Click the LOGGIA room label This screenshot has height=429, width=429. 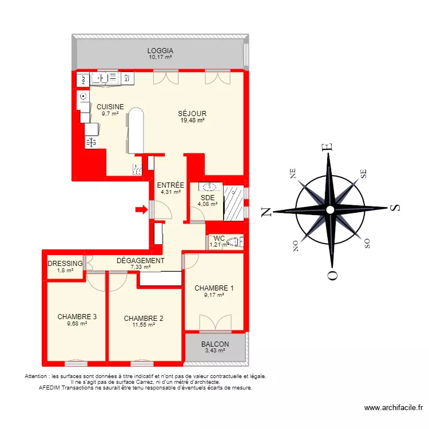click(x=160, y=50)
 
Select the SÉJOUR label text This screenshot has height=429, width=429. click(x=192, y=113)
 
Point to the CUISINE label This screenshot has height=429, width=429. click(x=110, y=107)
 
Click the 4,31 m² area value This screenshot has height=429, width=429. click(x=170, y=192)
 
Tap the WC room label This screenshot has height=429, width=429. click(x=219, y=239)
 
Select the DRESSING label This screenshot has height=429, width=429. click(x=65, y=263)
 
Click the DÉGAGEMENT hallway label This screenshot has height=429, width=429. click(x=140, y=260)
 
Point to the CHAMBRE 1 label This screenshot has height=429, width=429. click(x=214, y=288)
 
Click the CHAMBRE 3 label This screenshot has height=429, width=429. click(x=77, y=316)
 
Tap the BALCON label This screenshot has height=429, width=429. click(x=215, y=344)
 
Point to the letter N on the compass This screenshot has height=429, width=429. click(x=266, y=212)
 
